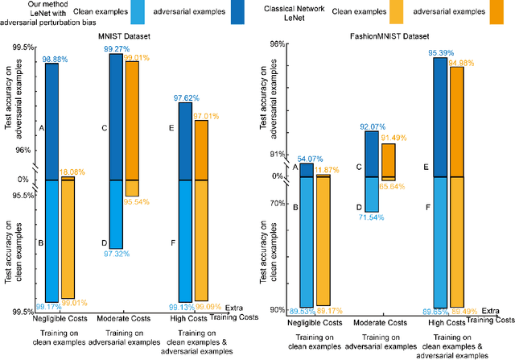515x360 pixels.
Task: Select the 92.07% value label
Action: click(375, 126)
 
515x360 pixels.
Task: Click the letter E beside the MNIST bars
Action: click(171, 127)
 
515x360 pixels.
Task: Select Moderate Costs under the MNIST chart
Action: click(128, 321)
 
